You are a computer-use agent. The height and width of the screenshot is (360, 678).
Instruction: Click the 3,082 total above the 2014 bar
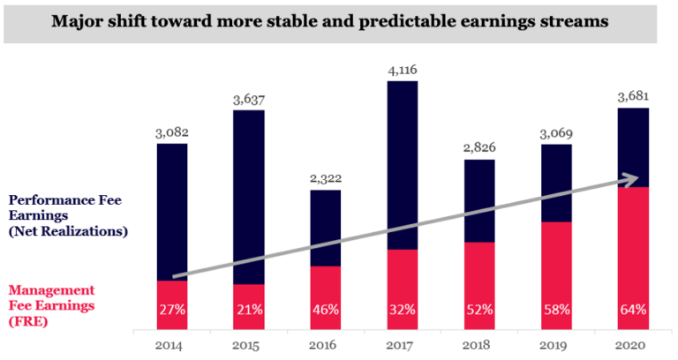(172, 133)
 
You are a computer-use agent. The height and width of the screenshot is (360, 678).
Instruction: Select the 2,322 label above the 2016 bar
(326, 179)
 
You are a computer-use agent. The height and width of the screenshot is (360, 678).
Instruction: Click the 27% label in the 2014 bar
(172, 310)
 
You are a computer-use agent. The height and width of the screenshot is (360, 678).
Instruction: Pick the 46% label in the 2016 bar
(326, 310)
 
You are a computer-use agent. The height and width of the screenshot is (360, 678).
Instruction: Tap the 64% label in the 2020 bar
(633, 310)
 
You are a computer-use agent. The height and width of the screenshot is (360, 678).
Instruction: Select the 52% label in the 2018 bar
(479, 310)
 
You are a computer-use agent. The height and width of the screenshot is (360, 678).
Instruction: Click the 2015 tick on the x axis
(249, 344)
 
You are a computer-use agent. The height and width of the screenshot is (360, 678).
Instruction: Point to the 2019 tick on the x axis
(556, 344)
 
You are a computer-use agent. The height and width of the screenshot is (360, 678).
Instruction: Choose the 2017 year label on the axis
(403, 344)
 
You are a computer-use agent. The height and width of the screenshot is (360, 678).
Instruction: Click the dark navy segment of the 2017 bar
(403, 159)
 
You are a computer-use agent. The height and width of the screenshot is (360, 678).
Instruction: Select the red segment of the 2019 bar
(556, 265)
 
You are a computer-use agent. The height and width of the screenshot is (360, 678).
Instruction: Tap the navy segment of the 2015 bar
(249, 194)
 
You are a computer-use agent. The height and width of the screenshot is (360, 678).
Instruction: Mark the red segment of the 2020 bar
(633, 247)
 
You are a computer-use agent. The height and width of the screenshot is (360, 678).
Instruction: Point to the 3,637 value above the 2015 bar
(249, 100)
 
